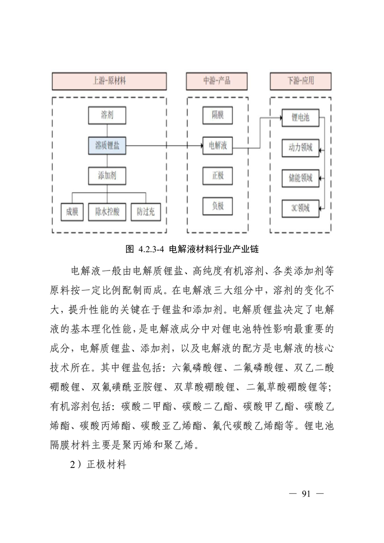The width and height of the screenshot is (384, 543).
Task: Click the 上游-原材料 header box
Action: point(110,81)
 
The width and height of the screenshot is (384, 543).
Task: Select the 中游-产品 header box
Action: point(217,81)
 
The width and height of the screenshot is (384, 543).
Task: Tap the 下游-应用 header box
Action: point(300,81)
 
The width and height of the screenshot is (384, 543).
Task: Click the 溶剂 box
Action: point(107,115)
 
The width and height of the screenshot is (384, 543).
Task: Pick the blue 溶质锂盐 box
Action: point(107,145)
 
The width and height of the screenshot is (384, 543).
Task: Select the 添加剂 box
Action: point(107,175)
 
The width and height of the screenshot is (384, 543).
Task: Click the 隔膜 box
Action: point(218,115)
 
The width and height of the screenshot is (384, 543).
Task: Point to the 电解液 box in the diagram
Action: point(218,145)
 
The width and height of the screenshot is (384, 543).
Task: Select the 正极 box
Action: point(218,175)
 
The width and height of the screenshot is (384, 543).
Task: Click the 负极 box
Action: point(218,206)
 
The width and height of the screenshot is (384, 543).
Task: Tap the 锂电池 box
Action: point(300,118)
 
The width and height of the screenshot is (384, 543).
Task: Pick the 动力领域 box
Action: point(300,147)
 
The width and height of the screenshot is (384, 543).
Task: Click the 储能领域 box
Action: point(300,178)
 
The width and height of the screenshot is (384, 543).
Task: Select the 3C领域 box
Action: point(300,209)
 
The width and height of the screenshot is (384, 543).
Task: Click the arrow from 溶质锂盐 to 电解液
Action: point(164,145)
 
